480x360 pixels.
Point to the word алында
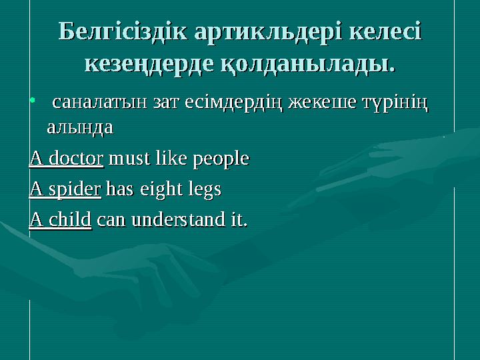[79, 127]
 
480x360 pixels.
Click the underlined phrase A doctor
[66, 159]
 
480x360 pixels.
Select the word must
[126, 159]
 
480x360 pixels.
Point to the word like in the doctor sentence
[168, 159]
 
